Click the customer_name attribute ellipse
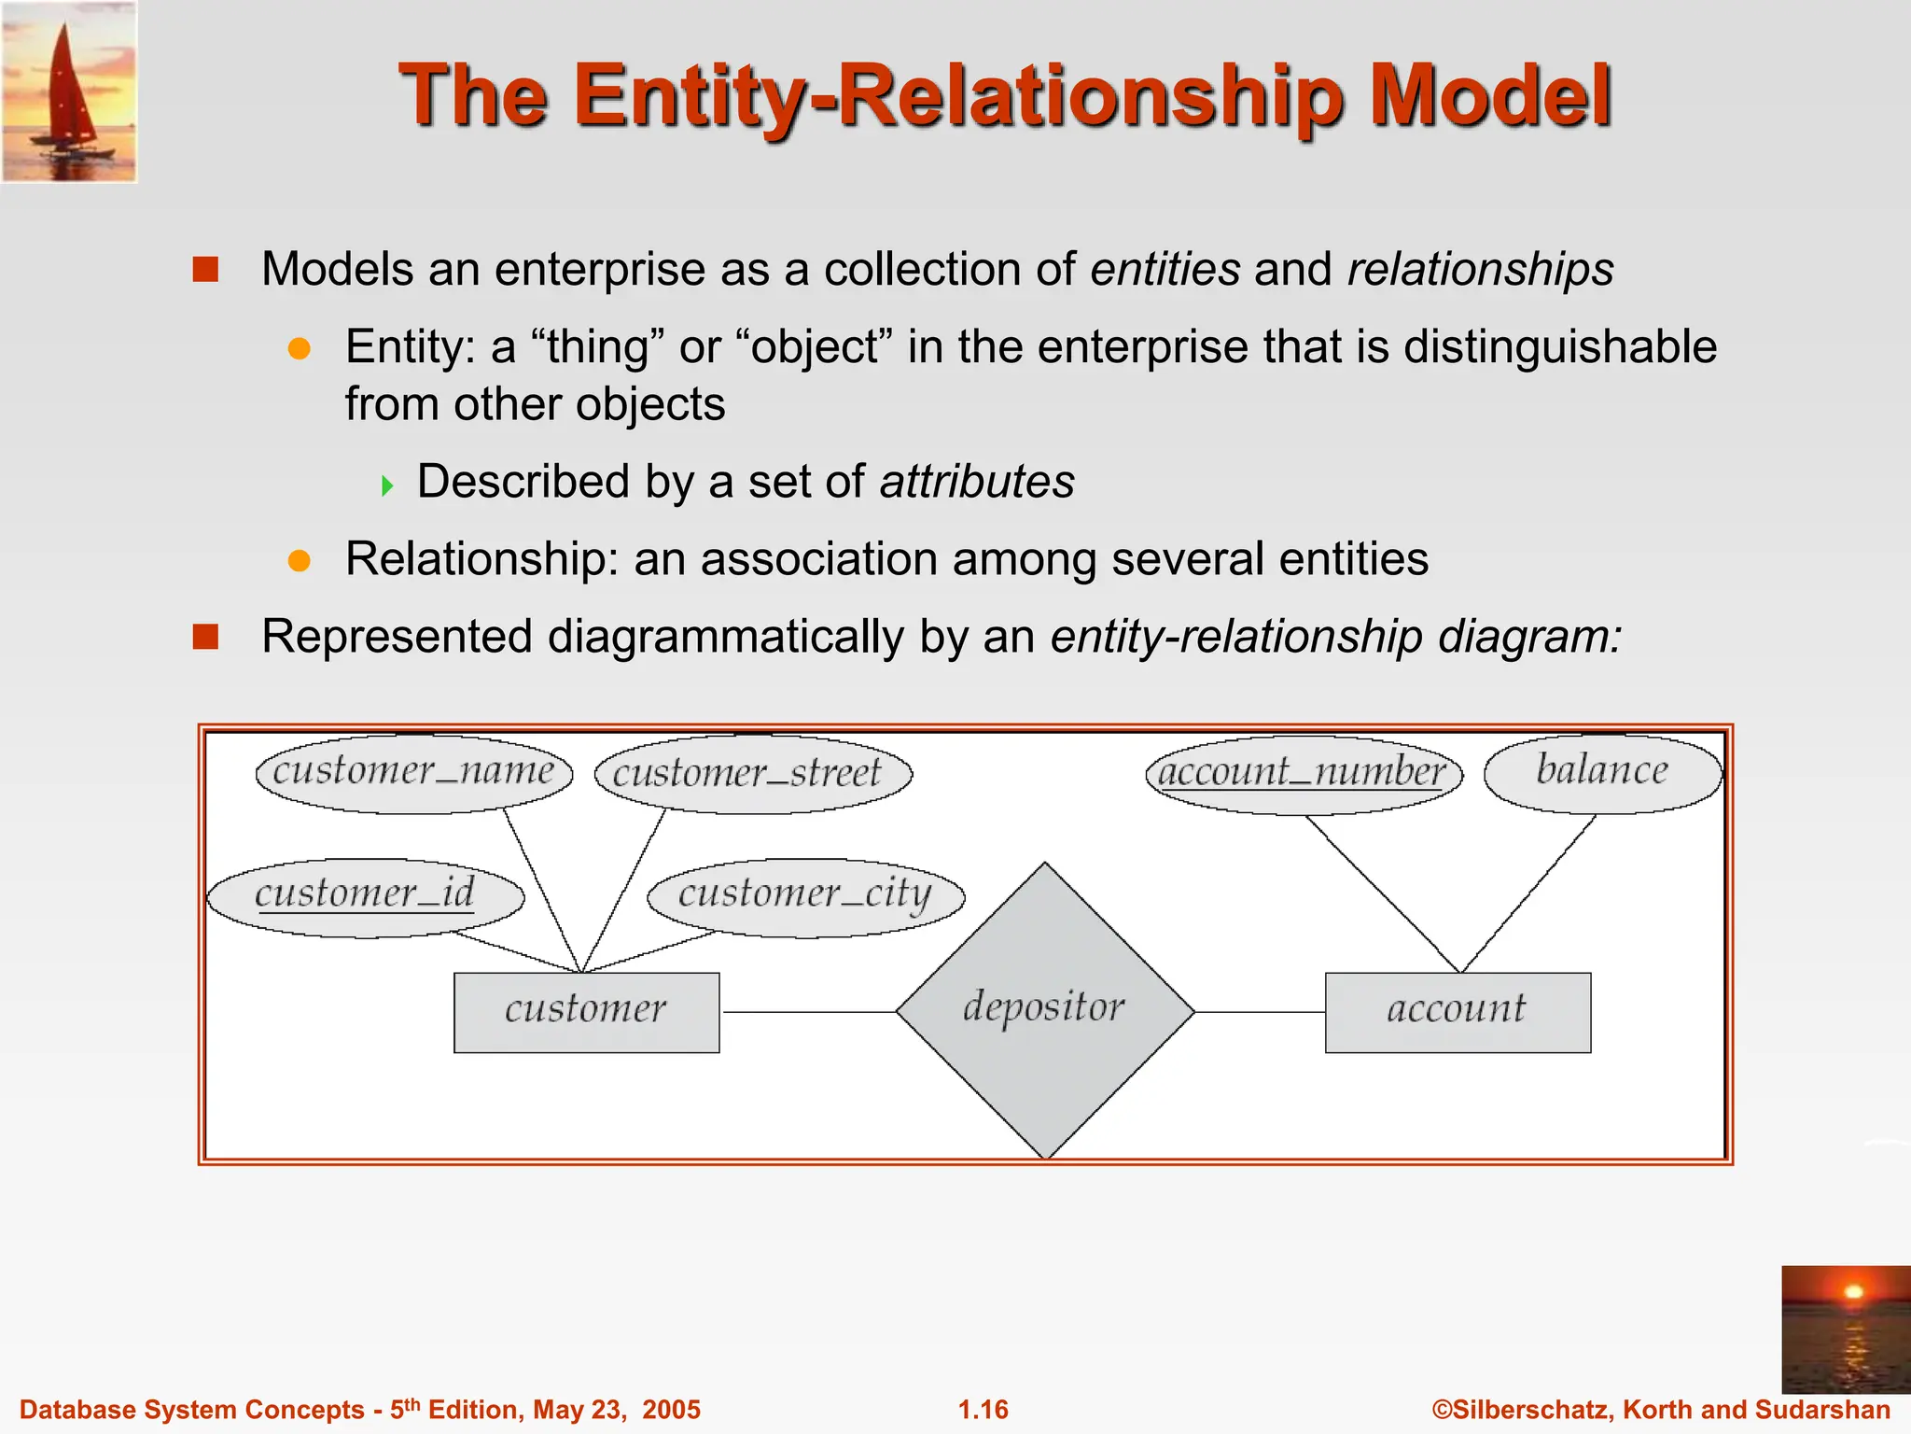413,773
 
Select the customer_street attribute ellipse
753,774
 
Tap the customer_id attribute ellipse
365,895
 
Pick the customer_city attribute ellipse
805,895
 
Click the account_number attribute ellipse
1304,774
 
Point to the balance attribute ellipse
1602,772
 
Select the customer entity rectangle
586,1012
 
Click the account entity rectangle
1458,1012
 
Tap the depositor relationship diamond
1045,1011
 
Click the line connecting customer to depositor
808,1012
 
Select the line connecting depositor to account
1260,1012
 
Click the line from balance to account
1528,893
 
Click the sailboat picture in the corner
69,91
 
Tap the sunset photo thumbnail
1846,1329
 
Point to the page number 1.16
983,1410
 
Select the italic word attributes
977,482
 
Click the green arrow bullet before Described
387,485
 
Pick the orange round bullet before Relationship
300,560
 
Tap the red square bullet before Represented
205,638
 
